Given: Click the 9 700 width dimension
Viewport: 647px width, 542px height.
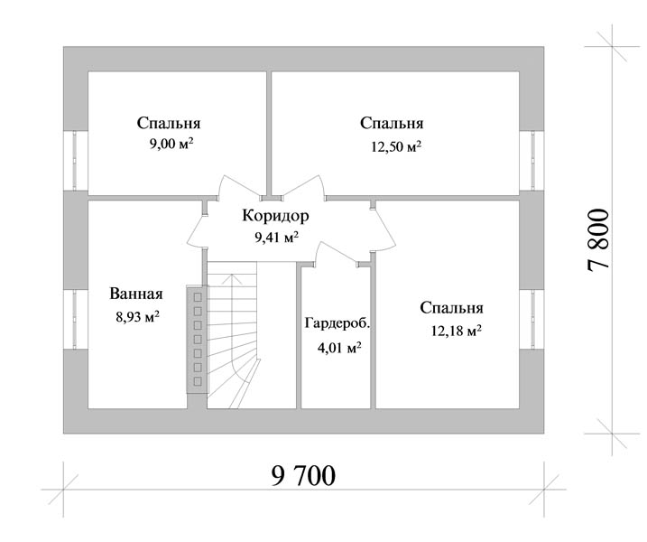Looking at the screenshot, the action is click(303, 475).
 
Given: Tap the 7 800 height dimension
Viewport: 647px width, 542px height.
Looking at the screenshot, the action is click(598, 239).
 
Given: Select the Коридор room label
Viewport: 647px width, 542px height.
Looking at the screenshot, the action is click(275, 216).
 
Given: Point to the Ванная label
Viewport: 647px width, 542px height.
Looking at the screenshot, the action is click(136, 294).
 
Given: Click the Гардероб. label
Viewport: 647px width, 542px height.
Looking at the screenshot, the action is click(337, 323).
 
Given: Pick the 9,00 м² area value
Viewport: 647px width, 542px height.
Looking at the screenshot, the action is click(171, 144).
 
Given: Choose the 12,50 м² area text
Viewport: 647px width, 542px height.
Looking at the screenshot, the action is click(396, 146).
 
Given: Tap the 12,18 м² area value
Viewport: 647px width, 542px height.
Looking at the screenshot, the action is click(457, 331).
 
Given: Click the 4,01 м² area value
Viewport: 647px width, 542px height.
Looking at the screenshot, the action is click(339, 348).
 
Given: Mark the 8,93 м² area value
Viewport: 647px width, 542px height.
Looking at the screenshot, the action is click(138, 317).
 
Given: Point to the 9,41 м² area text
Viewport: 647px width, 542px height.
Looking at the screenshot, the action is click(276, 238).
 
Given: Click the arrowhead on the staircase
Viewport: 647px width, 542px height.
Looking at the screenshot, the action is click(232, 278).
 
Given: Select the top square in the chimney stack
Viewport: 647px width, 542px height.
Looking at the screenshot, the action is click(198, 297).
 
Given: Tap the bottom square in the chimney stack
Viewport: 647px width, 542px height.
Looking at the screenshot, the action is click(198, 380).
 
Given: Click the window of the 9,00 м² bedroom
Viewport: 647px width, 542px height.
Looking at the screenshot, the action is click(75, 161).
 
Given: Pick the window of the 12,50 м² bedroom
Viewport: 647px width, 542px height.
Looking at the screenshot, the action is click(531, 161).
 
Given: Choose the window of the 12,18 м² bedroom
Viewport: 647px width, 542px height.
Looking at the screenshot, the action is click(531, 320).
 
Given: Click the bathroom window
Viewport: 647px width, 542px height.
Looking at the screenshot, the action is click(75, 320).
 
